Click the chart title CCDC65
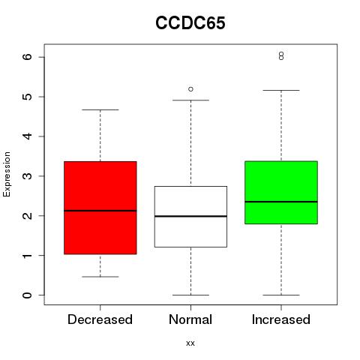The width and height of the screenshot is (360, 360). point(190,22)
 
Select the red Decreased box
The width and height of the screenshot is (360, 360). point(100,208)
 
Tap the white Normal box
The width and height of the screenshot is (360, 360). point(190,217)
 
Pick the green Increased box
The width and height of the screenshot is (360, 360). point(281,193)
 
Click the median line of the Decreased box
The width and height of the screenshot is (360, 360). point(100,211)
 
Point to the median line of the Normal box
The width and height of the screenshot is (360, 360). point(190,216)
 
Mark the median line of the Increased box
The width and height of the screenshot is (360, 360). point(281,202)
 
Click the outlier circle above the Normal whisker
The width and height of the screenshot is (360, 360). point(190,89)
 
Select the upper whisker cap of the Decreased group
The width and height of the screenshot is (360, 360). point(100,109)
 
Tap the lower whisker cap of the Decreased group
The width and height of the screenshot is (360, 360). point(100,277)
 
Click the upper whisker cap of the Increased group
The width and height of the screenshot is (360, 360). point(281,90)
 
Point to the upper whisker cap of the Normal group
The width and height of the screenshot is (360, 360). point(190,100)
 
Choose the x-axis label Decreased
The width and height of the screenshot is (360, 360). point(100,319)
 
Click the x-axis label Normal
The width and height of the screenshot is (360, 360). point(190,319)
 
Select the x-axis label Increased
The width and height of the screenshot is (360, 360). point(281,319)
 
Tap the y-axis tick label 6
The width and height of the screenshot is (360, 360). point(28,57)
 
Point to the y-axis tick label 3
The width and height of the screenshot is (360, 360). point(28,175)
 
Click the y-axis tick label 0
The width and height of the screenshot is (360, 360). point(28,295)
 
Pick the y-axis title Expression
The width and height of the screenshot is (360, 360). point(7,174)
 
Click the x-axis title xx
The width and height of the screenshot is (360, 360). point(190,343)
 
